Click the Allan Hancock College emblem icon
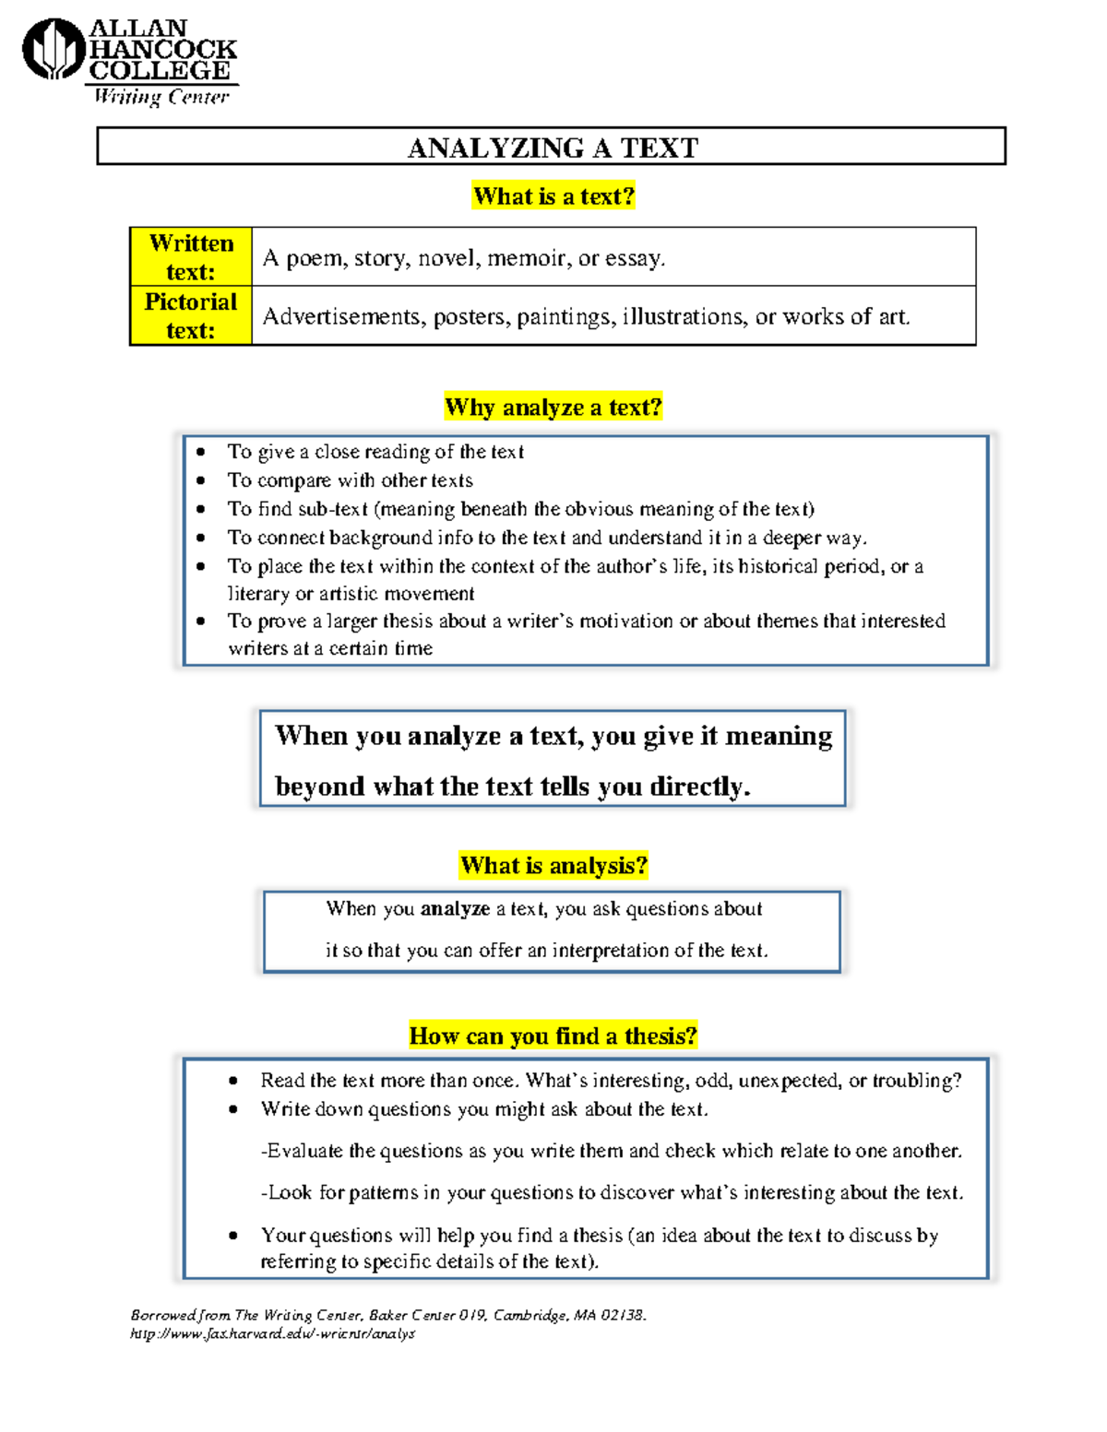click(54, 49)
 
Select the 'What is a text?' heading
click(553, 196)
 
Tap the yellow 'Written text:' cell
click(191, 257)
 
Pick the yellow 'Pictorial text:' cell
click(191, 316)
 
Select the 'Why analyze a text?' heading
click(553, 407)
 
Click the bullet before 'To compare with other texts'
click(201, 480)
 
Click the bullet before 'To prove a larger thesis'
click(201, 621)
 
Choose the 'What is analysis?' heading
click(553, 865)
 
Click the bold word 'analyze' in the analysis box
click(455, 909)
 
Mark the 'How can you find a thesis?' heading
click(553, 1036)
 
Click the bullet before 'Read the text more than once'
click(233, 1081)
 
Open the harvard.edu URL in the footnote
click(272, 1333)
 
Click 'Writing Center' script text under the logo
click(161, 97)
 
